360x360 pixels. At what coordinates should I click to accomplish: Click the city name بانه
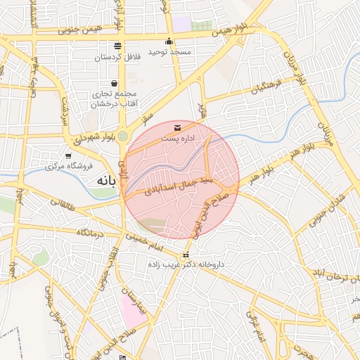pos(103,181)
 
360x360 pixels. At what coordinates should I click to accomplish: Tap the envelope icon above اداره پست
pos(176,127)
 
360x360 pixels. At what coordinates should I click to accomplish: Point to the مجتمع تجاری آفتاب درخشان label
pos(114,98)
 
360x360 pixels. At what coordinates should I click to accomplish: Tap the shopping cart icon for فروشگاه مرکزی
pos(68,156)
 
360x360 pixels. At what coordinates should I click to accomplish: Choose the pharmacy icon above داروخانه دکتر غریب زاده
pos(186,255)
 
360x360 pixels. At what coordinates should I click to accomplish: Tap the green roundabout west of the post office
pos(123,136)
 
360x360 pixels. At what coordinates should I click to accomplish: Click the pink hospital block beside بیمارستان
pos(134,310)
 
